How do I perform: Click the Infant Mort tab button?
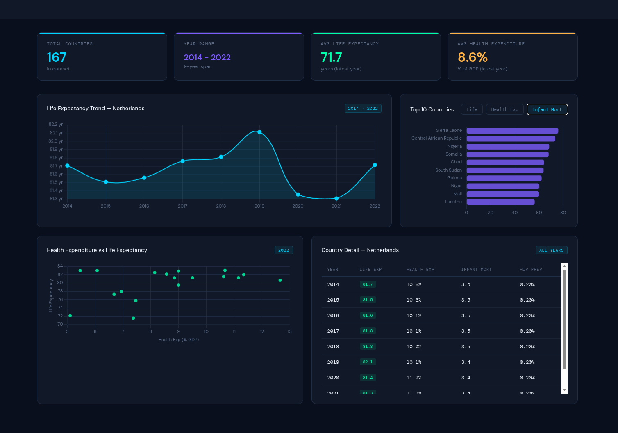click(x=547, y=109)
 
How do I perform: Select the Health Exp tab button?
click(x=504, y=109)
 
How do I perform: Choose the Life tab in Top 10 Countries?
click(x=472, y=109)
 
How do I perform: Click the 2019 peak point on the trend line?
click(x=259, y=132)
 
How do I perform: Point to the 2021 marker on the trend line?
click(x=336, y=198)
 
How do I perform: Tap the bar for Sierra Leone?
click(x=512, y=131)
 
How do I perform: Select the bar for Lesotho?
click(x=500, y=202)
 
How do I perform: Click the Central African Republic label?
click(x=436, y=138)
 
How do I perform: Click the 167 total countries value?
click(x=57, y=57)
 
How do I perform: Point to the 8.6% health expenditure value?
click(x=473, y=57)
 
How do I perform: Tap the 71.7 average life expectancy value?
click(x=331, y=57)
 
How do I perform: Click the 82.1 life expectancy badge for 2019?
click(x=368, y=362)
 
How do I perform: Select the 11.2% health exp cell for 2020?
click(x=414, y=378)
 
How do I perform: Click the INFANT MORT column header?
click(x=476, y=270)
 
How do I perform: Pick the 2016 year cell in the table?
click(x=333, y=315)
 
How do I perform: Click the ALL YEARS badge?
click(x=551, y=250)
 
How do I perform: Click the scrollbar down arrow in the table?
click(x=564, y=390)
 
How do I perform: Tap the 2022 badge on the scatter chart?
click(x=284, y=250)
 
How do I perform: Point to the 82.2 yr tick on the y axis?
click(x=56, y=125)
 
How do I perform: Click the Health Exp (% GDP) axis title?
click(x=178, y=340)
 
